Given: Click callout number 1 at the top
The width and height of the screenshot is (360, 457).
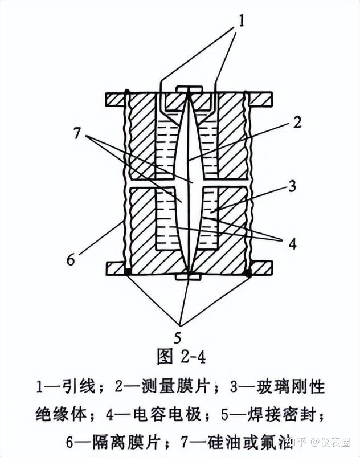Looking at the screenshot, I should pos(241,22).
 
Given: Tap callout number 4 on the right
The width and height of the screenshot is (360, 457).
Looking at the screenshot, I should pos(292,244).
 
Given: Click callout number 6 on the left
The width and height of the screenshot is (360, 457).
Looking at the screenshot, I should pos(71,260).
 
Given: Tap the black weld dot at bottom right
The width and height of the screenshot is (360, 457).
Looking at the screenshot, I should pos(248,274).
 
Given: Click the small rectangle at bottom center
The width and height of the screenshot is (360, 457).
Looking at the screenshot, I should pos(187,277).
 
